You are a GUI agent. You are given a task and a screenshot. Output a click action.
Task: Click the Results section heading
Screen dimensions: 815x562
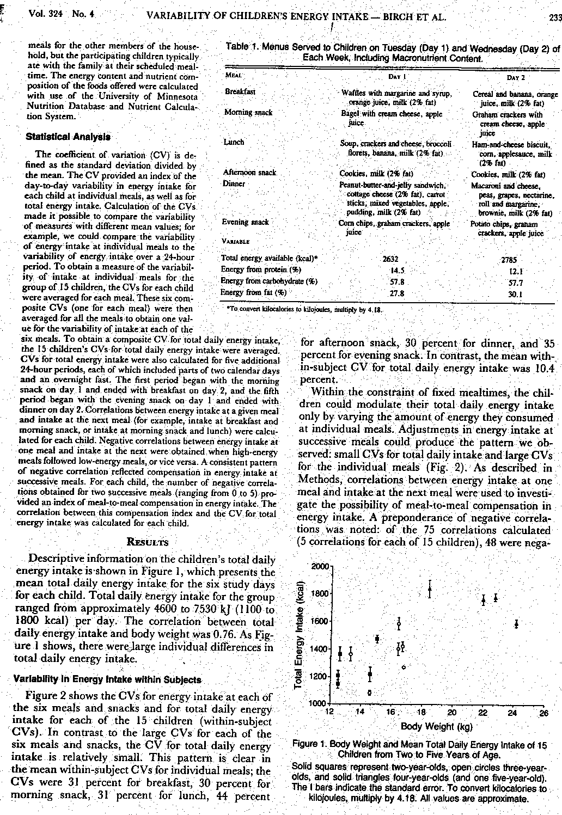147,542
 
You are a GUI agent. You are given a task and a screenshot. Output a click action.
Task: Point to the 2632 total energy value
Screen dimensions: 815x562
390,259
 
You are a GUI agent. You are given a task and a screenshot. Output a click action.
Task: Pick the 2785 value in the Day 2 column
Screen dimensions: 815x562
509,260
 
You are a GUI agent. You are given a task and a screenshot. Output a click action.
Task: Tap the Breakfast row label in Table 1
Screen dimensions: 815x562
240,92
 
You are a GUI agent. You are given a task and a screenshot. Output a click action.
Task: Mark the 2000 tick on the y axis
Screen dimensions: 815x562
319,567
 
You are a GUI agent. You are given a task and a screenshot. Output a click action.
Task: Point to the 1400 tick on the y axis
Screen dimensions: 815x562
319,649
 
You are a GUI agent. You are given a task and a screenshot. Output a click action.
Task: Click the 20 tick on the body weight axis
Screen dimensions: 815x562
451,712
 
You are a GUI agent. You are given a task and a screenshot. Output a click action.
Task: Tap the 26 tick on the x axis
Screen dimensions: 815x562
543,712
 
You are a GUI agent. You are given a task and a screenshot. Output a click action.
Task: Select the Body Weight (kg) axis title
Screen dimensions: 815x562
437,726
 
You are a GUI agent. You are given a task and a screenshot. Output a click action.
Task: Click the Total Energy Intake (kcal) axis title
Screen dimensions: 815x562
298,635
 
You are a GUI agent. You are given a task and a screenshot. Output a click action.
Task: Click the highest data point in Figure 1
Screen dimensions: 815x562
430,589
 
